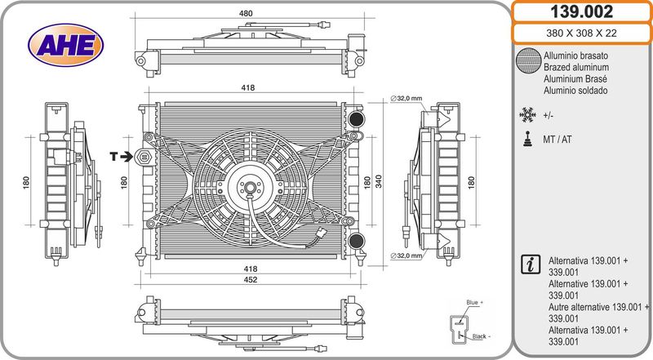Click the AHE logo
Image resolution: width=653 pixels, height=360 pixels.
[x=66, y=45]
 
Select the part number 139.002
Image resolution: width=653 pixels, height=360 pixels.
[x=581, y=11]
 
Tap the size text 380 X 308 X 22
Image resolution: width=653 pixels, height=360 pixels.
[x=581, y=33]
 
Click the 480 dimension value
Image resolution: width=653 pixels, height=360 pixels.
[x=246, y=13]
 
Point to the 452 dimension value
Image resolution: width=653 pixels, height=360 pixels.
[x=250, y=280]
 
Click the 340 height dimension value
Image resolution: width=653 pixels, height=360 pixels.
[x=379, y=182]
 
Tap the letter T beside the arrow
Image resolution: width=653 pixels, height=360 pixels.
[x=113, y=157]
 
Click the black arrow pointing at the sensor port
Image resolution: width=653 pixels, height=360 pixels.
[x=126, y=157]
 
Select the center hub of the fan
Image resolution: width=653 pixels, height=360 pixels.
[x=250, y=187]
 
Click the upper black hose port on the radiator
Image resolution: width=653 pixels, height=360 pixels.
[x=357, y=118]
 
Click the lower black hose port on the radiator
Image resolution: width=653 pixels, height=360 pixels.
[x=357, y=241]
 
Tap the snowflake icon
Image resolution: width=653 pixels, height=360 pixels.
[x=527, y=115]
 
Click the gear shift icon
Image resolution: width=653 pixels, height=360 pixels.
[x=527, y=139]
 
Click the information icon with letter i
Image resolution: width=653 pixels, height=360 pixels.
[x=531, y=264]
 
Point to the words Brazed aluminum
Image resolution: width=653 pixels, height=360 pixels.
[x=576, y=67]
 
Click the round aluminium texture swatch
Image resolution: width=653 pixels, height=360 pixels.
[x=528, y=61]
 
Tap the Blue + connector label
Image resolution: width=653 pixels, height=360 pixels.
[x=475, y=303]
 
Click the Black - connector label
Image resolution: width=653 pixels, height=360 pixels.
[x=481, y=336]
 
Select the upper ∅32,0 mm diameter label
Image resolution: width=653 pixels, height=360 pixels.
[x=406, y=98]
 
